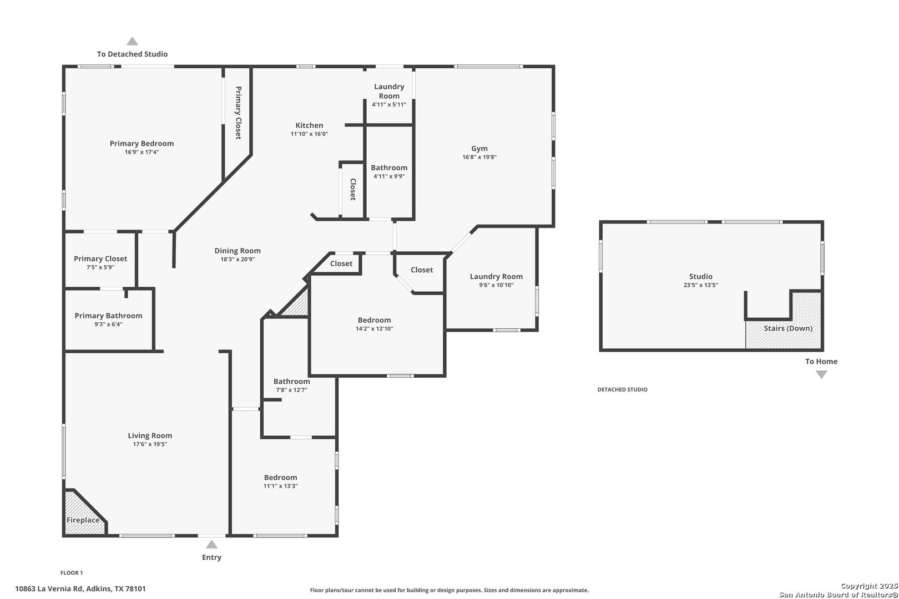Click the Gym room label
(x=479, y=149)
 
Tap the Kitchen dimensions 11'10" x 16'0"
(x=309, y=134)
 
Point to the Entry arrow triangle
(x=211, y=545)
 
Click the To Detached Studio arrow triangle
(x=133, y=42)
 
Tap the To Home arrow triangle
(x=821, y=374)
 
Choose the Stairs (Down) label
(x=788, y=328)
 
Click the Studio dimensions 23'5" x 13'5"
(x=701, y=285)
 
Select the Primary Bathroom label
(x=108, y=316)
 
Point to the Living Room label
(x=150, y=436)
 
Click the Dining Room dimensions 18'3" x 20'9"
(x=237, y=260)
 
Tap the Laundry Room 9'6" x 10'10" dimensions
(x=496, y=285)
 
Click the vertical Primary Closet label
(x=238, y=113)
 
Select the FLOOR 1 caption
(x=72, y=573)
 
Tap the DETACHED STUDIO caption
(x=622, y=389)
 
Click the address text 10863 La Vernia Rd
(x=49, y=588)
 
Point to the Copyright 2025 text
(x=869, y=586)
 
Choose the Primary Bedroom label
(x=142, y=144)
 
